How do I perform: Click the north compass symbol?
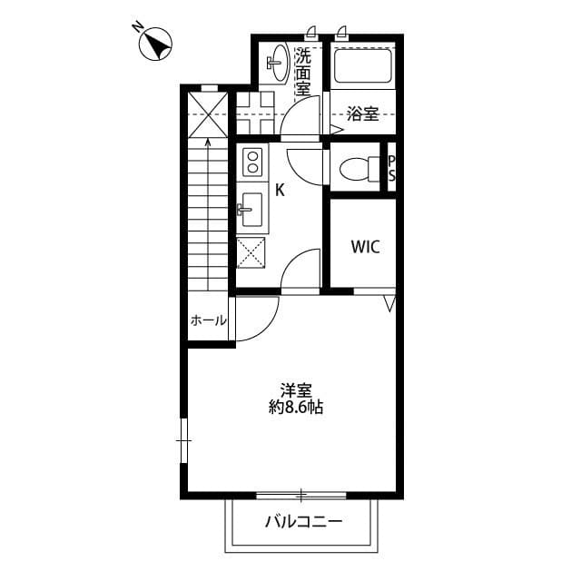157,43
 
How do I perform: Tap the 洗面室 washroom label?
302,72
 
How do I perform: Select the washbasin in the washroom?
276,63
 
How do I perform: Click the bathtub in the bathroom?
362,65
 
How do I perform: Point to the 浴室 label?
363,114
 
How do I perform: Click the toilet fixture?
356,168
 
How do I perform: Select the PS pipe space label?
392,168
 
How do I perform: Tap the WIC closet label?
365,246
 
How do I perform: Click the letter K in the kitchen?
281,190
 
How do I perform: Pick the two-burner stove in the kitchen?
252,163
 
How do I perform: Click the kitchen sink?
251,212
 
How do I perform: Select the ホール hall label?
208,320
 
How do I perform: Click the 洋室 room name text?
296,390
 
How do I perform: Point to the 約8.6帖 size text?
296,408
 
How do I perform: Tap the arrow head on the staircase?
209,140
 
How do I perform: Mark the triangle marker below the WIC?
390,302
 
